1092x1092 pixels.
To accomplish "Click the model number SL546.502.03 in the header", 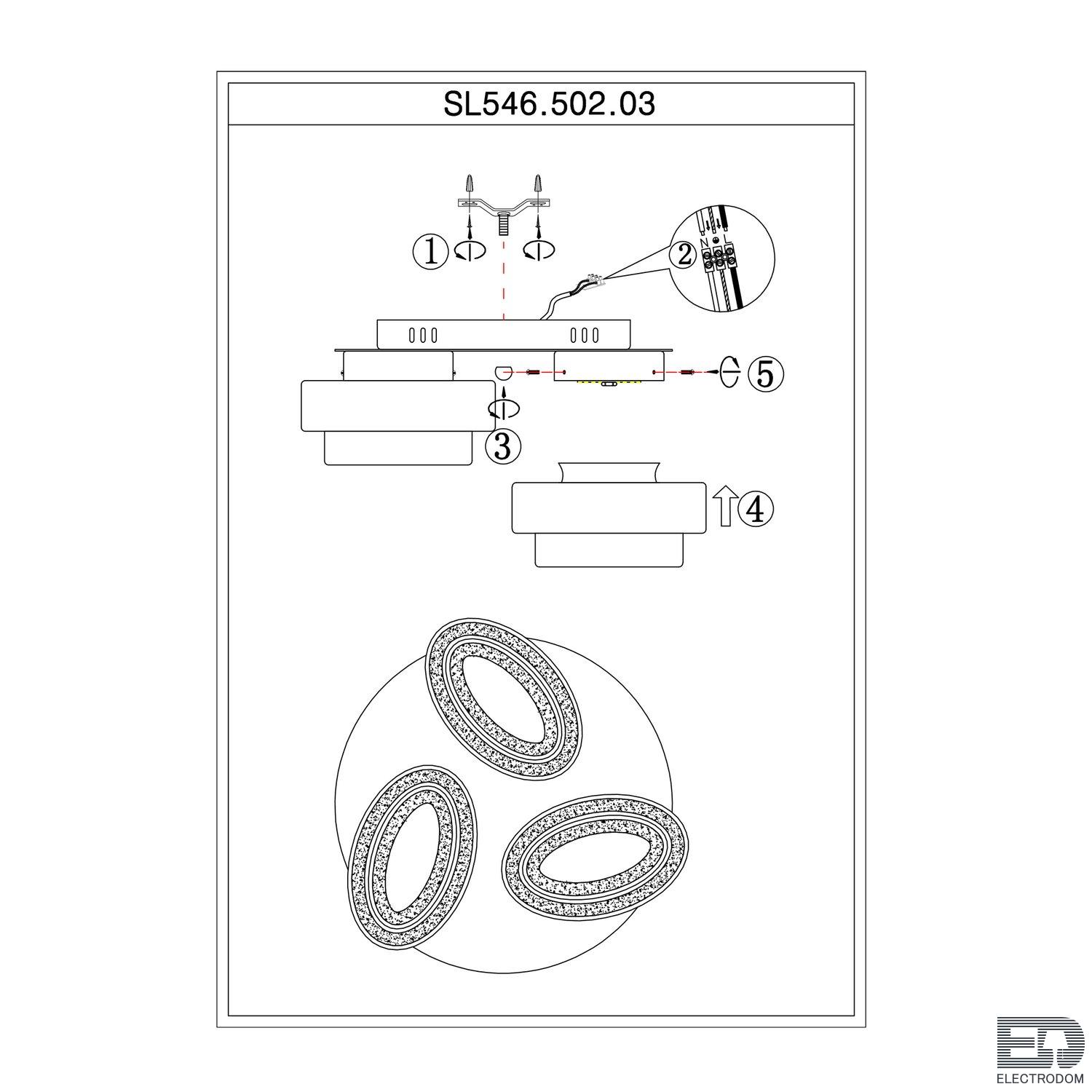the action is [x=550, y=104].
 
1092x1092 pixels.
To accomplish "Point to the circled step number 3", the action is [x=503, y=446].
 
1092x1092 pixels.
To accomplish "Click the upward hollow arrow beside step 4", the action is [x=724, y=507].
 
